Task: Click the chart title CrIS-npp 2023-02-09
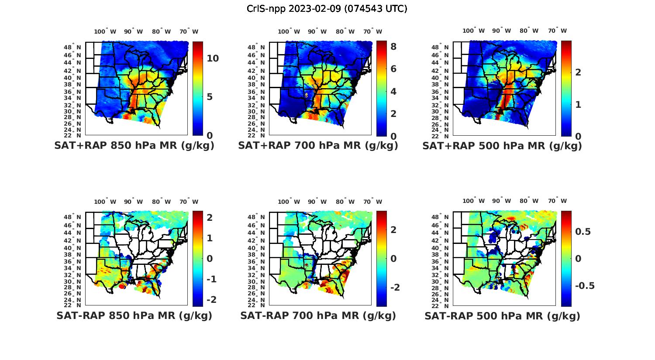pyautogui.click(x=327, y=9)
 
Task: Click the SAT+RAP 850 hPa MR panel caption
pyautogui.click(x=134, y=146)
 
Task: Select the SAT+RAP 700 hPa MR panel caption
pyautogui.click(x=318, y=146)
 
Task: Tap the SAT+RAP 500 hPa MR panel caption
pyautogui.click(x=502, y=146)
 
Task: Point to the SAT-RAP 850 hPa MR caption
pyautogui.click(x=134, y=315)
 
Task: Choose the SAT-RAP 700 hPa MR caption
pyautogui.click(x=318, y=315)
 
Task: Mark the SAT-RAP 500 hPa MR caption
pyautogui.click(x=502, y=315)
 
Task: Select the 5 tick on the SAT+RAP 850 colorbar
pyautogui.click(x=210, y=96)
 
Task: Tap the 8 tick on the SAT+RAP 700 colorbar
pyautogui.click(x=393, y=46)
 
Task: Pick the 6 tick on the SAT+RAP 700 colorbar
pyautogui.click(x=393, y=69)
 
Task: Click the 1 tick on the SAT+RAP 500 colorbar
pyautogui.click(x=578, y=105)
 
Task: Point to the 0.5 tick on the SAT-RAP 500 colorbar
pyautogui.click(x=583, y=231)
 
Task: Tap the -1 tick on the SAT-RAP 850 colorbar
pyautogui.click(x=211, y=279)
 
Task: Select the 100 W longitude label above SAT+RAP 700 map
pyautogui.click(x=289, y=31)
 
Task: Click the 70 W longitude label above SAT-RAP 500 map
pyautogui.click(x=557, y=201)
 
